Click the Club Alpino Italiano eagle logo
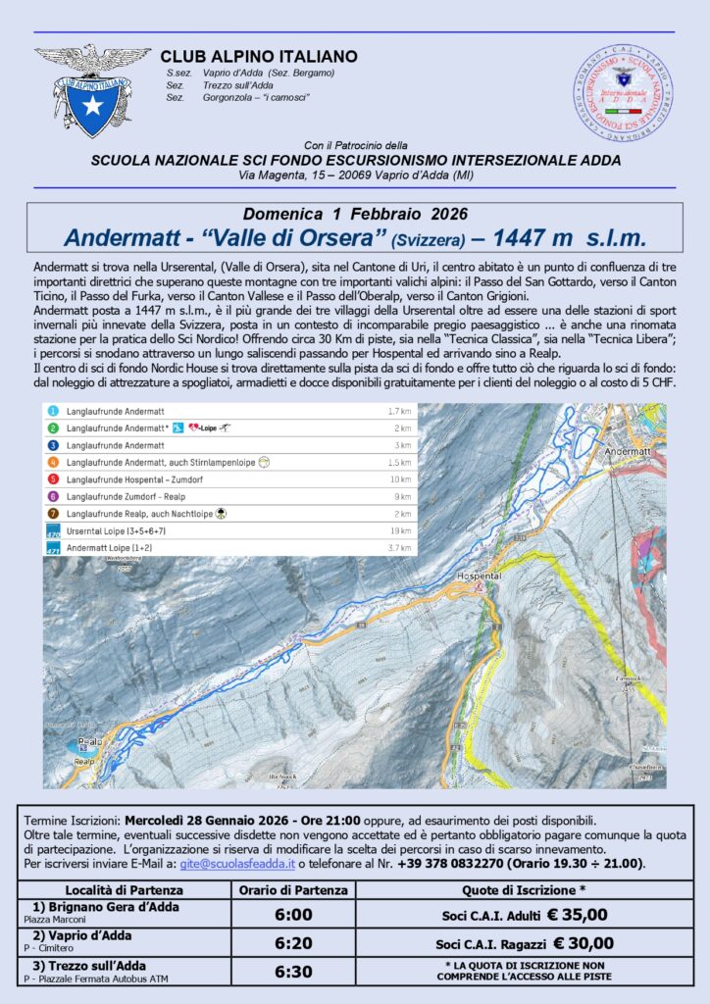tap(93, 89)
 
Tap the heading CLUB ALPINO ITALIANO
tap(258, 57)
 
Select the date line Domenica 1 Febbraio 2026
tap(354, 214)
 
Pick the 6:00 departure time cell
tap(293, 914)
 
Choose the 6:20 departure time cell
tap(293, 943)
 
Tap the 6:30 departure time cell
tap(293, 972)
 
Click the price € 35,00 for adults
tap(576, 914)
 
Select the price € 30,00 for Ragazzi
tap(579, 943)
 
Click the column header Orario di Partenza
tap(293, 890)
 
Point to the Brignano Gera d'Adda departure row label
tap(105, 908)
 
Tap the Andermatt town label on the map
tap(629, 451)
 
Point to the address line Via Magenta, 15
tap(354, 174)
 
